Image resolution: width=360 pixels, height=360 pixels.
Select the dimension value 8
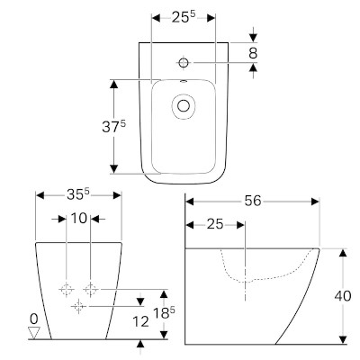(253, 53)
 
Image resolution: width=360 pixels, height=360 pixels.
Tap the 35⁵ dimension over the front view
(77, 193)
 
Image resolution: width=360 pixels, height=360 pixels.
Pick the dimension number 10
(79, 219)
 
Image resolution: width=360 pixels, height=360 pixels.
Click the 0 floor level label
(34, 318)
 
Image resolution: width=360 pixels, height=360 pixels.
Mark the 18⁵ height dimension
(162, 314)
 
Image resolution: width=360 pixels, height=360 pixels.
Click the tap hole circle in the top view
(183, 62)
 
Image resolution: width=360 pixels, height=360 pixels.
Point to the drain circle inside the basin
(185, 106)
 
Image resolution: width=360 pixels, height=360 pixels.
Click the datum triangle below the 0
(34, 332)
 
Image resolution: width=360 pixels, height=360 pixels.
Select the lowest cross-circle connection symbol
(78, 307)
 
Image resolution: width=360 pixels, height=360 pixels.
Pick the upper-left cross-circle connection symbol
(67, 289)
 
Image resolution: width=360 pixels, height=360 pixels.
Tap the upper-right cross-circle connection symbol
(90, 289)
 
